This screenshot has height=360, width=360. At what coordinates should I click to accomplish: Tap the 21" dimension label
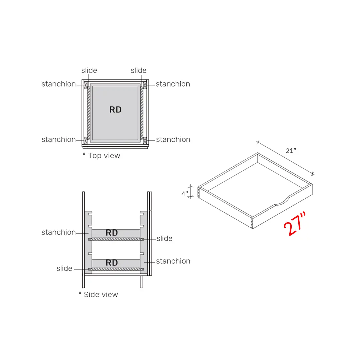[x=291, y=151]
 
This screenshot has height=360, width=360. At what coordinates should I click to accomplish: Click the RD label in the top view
[x=115, y=110]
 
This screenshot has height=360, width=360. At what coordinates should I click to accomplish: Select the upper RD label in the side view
[x=112, y=233]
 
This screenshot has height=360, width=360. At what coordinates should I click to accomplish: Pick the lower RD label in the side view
[x=112, y=263]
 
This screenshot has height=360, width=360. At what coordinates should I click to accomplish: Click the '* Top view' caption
[x=101, y=156]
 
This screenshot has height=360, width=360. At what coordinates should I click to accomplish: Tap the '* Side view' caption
[x=98, y=295]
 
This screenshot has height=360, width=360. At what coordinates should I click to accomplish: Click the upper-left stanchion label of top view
[x=58, y=84]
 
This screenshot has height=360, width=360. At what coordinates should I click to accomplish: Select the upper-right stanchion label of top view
[x=173, y=84]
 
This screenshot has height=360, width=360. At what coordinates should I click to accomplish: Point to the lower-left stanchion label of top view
[x=58, y=140]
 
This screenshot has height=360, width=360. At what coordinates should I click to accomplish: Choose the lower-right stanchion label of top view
[x=173, y=140]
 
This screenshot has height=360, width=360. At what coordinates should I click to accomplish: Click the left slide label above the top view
[x=89, y=70]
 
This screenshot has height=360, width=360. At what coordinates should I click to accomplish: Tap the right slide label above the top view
[x=138, y=70]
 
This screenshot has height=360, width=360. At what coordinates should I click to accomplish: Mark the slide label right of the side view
[x=164, y=239]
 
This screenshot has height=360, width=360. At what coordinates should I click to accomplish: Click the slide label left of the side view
[x=64, y=269]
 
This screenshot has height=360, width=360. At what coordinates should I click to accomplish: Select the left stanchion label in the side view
[x=58, y=232]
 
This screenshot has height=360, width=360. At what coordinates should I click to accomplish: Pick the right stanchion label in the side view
[x=173, y=261]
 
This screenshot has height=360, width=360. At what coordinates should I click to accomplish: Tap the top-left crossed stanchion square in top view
[x=86, y=85]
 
